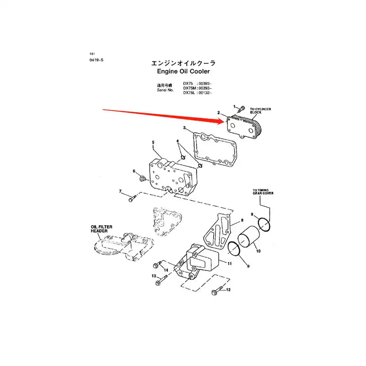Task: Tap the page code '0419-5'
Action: (97, 60)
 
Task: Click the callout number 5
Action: (153, 142)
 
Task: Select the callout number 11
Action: (230, 264)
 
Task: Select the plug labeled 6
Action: (142, 177)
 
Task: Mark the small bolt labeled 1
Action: (242, 108)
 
